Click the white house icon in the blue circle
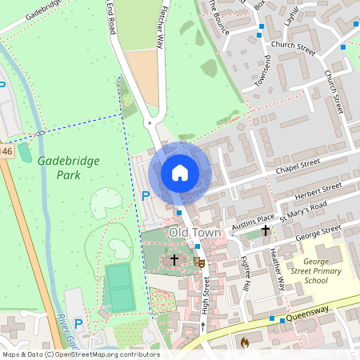tap(180, 173)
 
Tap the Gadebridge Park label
tap(68, 166)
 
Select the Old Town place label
tap(194, 232)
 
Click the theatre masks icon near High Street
tap(199, 261)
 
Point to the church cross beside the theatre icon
tap(174, 260)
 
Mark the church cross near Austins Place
tap(266, 231)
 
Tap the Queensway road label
tap(314, 312)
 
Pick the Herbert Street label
tap(318, 193)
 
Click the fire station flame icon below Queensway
tap(244, 342)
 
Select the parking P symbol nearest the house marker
tap(145, 196)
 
